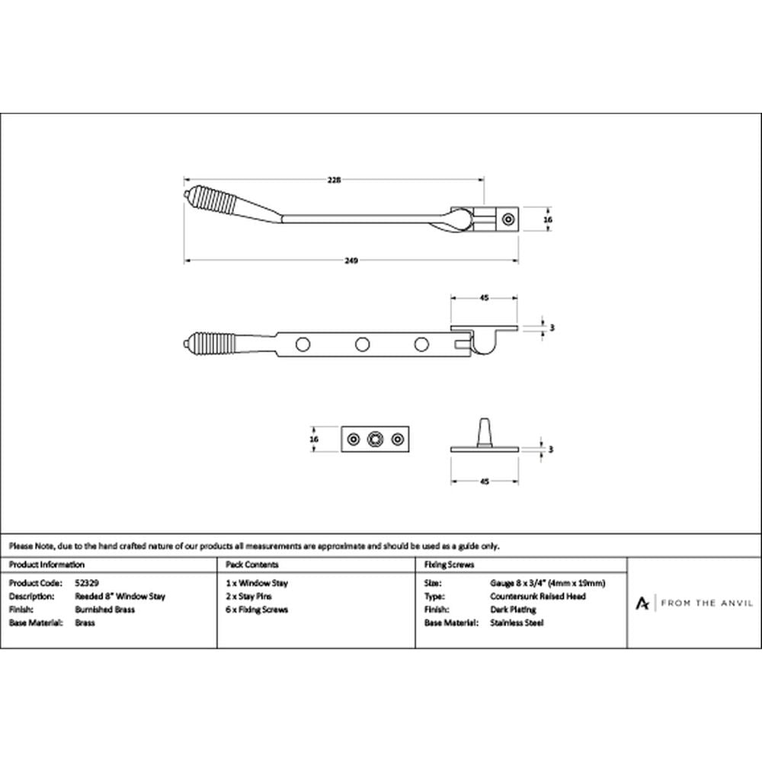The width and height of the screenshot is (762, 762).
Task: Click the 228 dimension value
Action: (x=334, y=180)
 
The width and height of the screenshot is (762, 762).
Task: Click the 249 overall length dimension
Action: (x=351, y=261)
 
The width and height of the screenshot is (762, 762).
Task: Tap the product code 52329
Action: (x=87, y=583)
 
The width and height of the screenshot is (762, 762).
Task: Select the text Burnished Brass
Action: (x=105, y=610)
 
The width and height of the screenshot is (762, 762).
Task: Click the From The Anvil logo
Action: (x=695, y=603)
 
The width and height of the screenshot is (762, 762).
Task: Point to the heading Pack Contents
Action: (x=252, y=564)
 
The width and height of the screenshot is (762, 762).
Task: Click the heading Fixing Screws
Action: (x=449, y=564)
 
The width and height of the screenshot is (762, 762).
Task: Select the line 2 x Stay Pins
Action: (x=249, y=597)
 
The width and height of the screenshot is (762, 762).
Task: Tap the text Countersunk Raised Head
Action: (x=538, y=597)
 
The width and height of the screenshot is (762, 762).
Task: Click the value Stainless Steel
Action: (x=517, y=623)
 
